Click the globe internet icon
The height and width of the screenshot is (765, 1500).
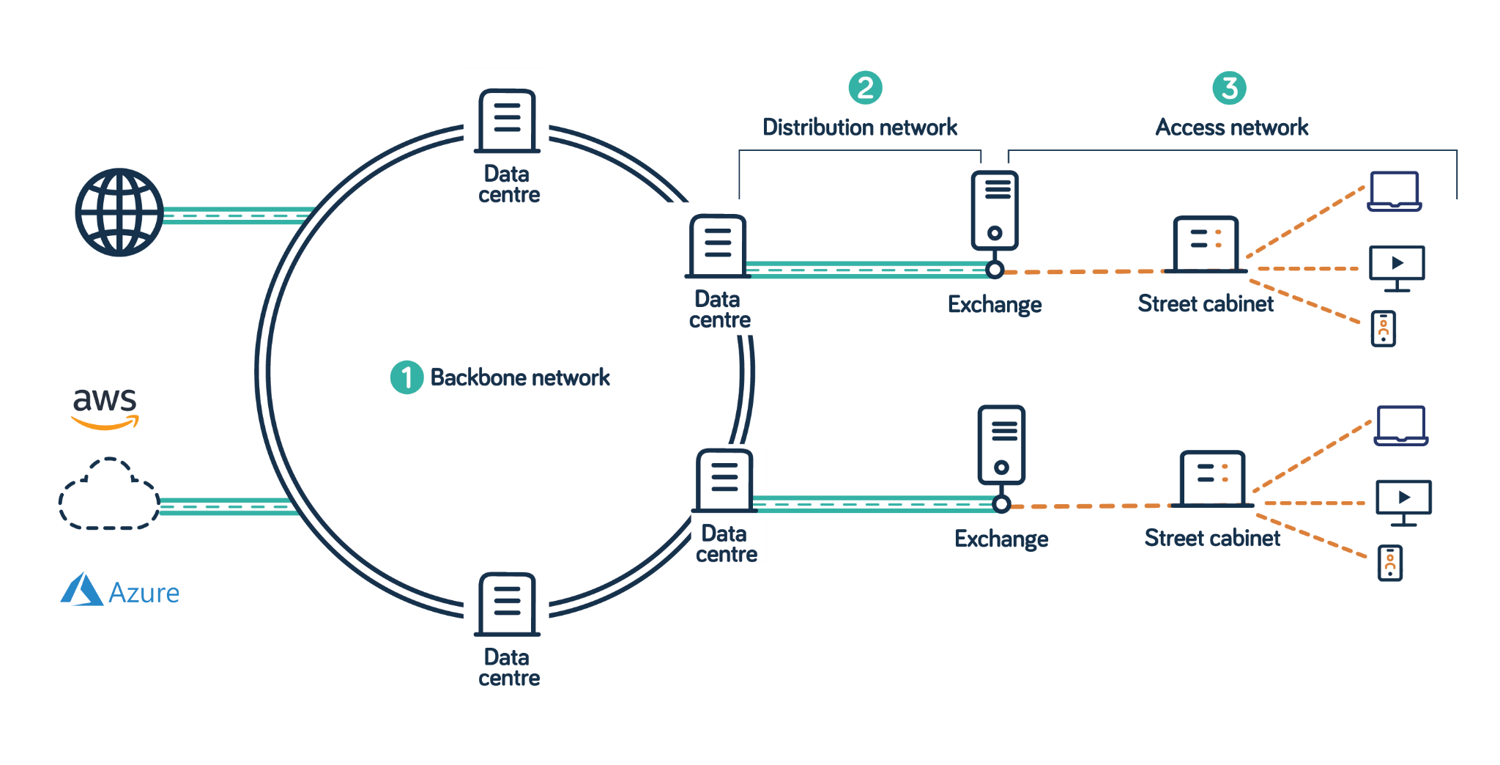[119, 212]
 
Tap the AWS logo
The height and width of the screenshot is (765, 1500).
[105, 407]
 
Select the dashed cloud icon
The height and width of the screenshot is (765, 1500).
[109, 494]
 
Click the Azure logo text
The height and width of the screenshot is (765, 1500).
[144, 593]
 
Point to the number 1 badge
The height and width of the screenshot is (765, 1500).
[406, 377]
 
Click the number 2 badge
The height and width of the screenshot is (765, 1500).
[865, 88]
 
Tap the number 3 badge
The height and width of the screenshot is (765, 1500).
[1230, 88]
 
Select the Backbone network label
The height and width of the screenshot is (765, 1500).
[520, 377]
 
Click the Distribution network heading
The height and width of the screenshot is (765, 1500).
[860, 127]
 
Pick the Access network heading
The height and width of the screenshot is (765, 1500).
[1232, 127]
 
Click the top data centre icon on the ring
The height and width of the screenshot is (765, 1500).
[507, 121]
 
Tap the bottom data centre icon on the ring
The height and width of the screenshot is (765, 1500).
[507, 605]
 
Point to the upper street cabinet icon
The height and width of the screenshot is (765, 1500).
[1206, 244]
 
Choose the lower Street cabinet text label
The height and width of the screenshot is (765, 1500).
[1212, 538]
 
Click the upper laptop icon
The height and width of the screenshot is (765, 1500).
[1395, 191]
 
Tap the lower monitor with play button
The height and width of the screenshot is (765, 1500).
[1403, 503]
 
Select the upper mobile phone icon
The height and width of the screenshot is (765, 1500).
[1384, 329]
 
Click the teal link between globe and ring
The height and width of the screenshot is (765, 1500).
[236, 215]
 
